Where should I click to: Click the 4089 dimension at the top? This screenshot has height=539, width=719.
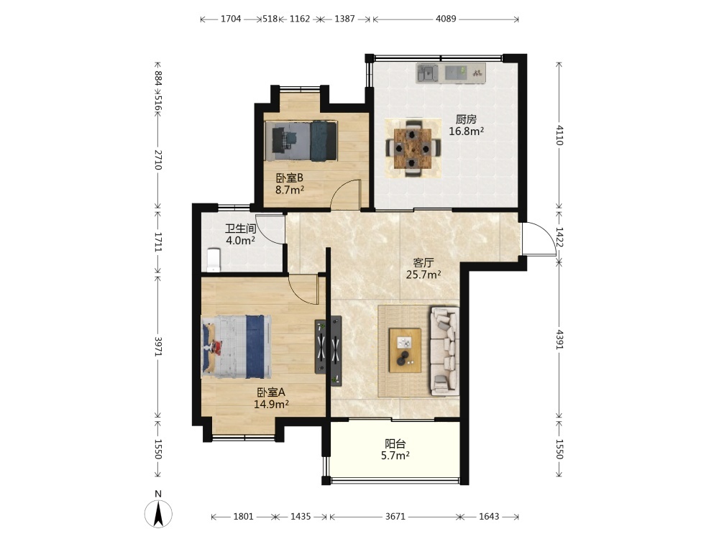pyautogui.click(x=446, y=19)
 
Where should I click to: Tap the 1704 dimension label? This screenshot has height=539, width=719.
pyautogui.click(x=231, y=19)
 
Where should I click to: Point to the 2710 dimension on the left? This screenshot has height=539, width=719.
pyautogui.click(x=157, y=160)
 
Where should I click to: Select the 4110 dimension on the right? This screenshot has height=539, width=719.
pyautogui.click(x=559, y=135)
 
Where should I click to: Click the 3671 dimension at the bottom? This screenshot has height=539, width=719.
pyautogui.click(x=395, y=517)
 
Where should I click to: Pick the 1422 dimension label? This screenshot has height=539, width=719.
pyautogui.click(x=559, y=237)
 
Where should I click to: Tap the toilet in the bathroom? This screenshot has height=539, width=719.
pyautogui.click(x=214, y=260)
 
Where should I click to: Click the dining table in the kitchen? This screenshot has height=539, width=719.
pyautogui.click(x=413, y=148)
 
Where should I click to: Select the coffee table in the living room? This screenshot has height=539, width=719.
pyautogui.click(x=405, y=350)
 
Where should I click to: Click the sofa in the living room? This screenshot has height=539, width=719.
pyautogui.click(x=444, y=351)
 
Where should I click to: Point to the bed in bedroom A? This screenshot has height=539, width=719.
pyautogui.click(x=236, y=346)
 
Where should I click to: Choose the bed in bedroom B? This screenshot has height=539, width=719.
pyautogui.click(x=301, y=141)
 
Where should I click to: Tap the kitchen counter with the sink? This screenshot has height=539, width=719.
pyautogui.click(x=450, y=73)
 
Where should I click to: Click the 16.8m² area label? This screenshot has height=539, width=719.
pyautogui.click(x=467, y=132)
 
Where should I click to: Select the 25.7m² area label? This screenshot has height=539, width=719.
pyautogui.click(x=423, y=275)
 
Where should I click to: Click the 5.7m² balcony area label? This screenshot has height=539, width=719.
pyautogui.click(x=395, y=456)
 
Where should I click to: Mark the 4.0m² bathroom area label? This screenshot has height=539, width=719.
pyautogui.click(x=240, y=240)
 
